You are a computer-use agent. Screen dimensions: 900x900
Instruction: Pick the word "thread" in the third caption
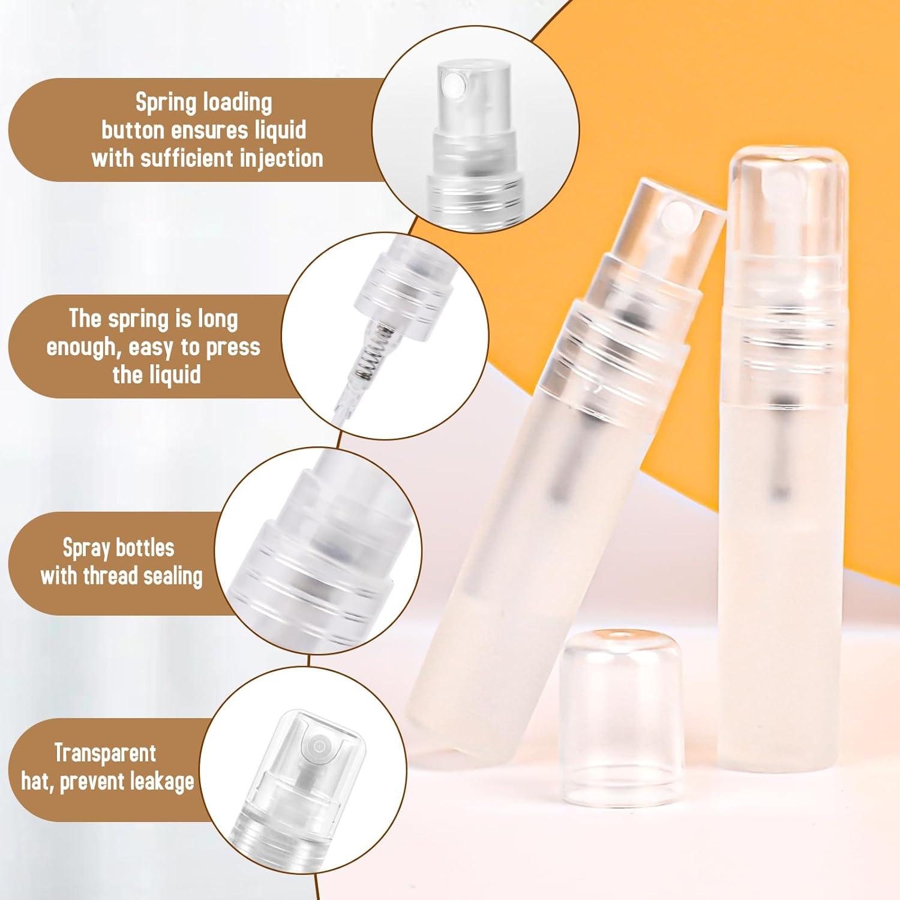click(110, 576)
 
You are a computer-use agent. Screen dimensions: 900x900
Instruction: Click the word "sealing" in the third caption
click(173, 576)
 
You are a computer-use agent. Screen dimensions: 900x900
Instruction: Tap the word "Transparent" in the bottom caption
click(105, 753)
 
